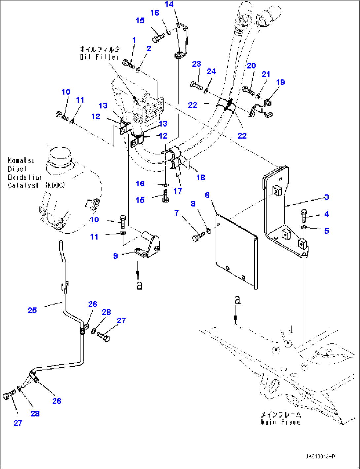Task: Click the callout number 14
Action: [169, 4]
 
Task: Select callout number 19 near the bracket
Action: [280, 82]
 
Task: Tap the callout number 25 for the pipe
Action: [32, 310]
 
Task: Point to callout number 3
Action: [326, 197]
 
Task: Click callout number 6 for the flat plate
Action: [207, 195]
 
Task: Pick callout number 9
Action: [115, 256]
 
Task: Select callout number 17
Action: [178, 191]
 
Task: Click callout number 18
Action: [200, 177]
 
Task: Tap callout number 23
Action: [196, 64]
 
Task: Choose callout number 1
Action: [134, 40]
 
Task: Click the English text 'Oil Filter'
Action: [99, 57]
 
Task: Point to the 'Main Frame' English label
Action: [281, 422]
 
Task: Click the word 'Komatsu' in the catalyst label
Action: [21, 161]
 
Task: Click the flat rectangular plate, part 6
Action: [236, 251]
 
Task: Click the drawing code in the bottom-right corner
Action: [320, 457]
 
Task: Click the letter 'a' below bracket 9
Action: [139, 285]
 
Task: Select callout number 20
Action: [251, 66]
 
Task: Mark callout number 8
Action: [193, 204]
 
